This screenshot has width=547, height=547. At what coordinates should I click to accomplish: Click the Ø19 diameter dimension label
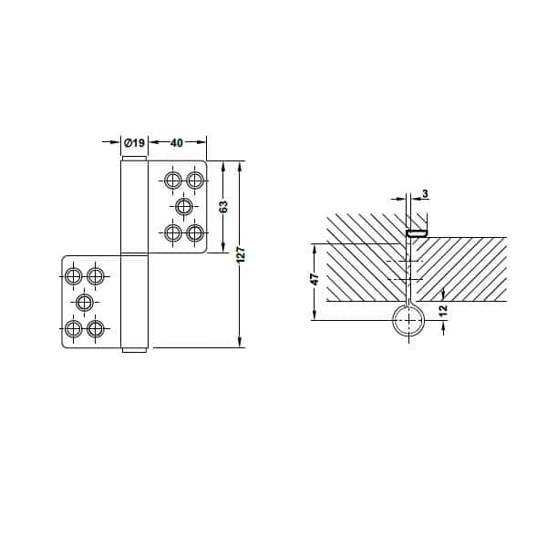click(134, 142)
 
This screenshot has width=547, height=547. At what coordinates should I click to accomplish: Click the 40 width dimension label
click(177, 143)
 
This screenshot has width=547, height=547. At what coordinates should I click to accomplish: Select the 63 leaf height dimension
click(223, 206)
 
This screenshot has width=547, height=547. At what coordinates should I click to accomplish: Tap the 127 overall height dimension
click(241, 254)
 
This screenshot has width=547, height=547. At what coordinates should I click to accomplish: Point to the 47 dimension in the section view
click(315, 279)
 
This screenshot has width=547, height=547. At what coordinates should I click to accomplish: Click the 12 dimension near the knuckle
click(443, 310)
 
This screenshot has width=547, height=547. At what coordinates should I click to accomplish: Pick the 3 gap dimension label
click(425, 193)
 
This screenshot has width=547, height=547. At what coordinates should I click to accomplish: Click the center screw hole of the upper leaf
click(184, 207)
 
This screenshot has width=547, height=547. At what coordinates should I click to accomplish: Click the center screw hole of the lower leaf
click(85, 303)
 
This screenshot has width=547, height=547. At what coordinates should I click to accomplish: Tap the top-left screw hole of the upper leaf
click(173, 181)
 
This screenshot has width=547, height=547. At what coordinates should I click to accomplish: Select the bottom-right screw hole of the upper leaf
click(195, 232)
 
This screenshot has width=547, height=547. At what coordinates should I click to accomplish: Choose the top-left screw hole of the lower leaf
click(74, 276)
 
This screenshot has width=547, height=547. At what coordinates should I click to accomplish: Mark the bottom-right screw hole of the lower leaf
click(96, 328)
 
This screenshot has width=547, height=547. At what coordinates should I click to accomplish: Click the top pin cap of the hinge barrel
click(134, 159)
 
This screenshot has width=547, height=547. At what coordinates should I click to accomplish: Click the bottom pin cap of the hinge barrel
click(134, 350)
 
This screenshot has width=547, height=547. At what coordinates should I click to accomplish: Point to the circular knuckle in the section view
click(408, 320)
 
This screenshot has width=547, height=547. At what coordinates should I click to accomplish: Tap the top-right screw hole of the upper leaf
click(195, 181)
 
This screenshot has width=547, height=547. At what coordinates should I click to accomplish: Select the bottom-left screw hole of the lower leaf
click(74, 328)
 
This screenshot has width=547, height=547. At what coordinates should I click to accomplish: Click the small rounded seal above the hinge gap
click(417, 233)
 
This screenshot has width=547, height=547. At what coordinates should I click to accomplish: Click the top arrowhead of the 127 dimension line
click(240, 166)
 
